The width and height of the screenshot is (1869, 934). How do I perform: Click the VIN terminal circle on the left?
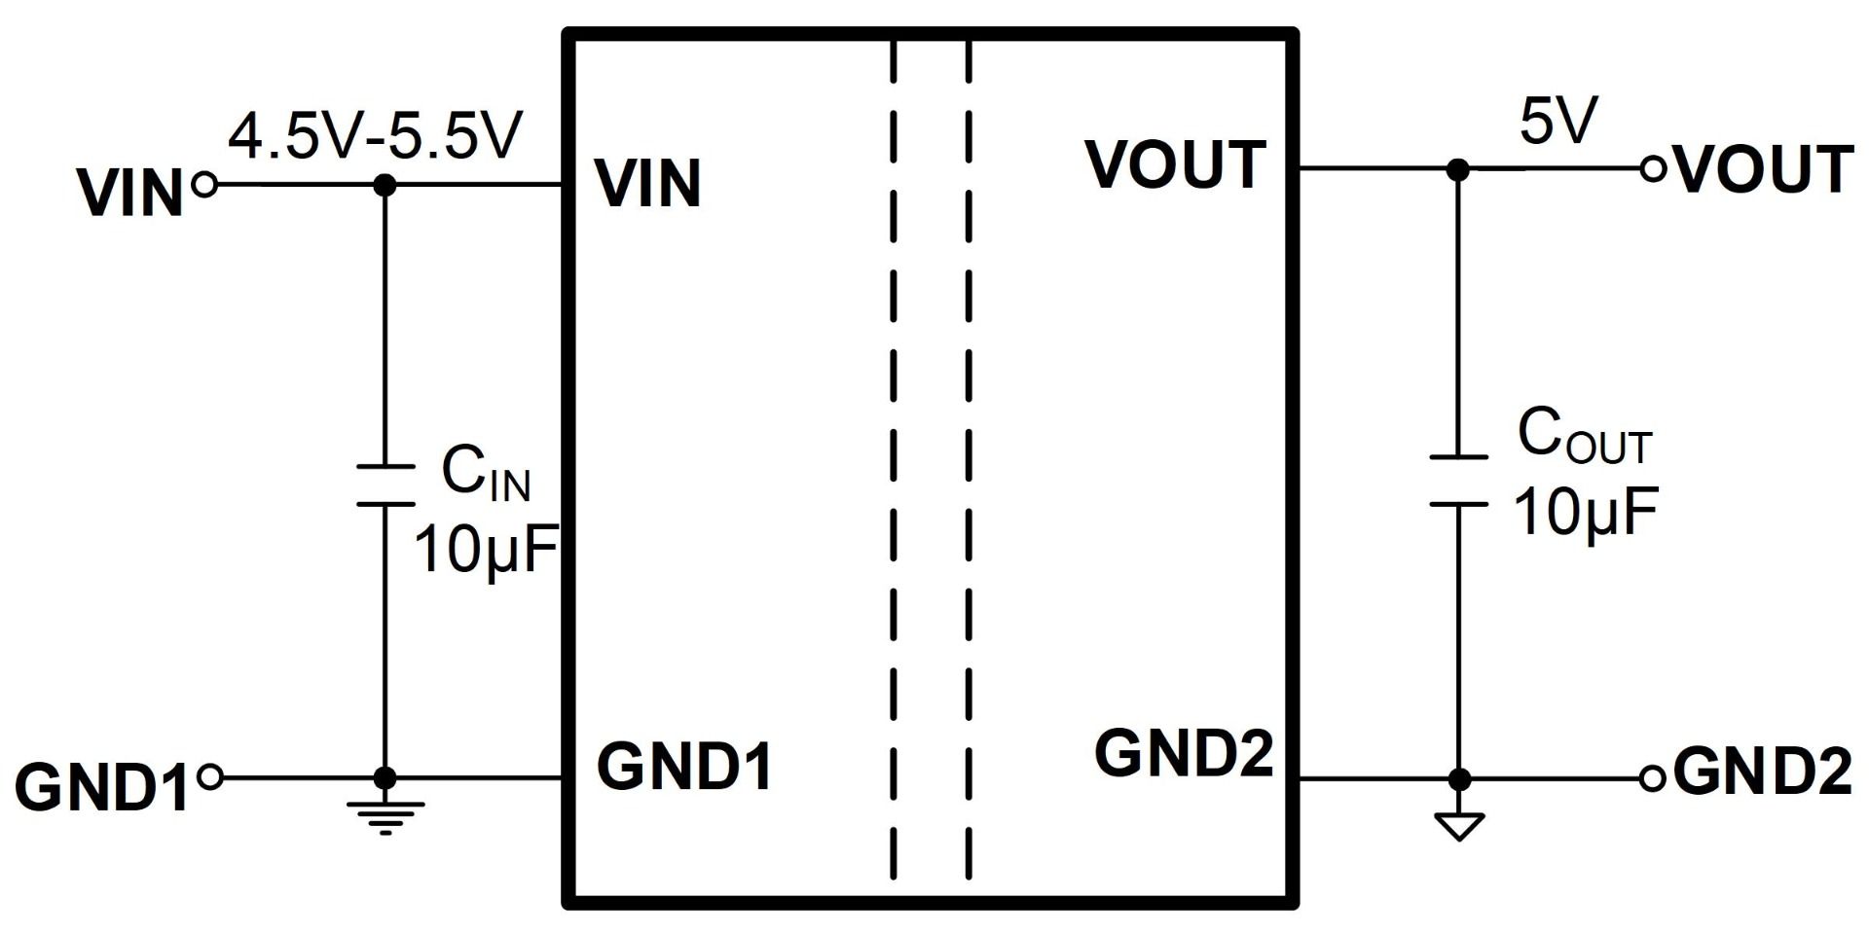click(204, 184)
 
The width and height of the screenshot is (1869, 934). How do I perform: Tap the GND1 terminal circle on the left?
click(209, 777)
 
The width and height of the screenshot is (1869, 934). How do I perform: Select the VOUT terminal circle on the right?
click(1653, 169)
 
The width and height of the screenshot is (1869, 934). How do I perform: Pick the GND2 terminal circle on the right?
click(1652, 778)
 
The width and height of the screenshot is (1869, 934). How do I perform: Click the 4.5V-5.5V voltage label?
click(375, 135)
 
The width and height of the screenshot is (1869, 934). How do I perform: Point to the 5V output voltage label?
click(1558, 123)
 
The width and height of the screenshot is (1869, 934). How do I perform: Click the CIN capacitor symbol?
click(385, 485)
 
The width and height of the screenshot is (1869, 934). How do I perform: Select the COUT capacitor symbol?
click(1458, 481)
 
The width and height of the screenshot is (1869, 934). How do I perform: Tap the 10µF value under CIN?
click(487, 550)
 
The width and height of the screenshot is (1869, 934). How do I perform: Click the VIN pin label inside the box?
click(648, 183)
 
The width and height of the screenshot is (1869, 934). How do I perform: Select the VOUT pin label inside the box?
click(1175, 164)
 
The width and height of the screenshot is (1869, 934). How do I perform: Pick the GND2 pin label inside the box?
click(1184, 752)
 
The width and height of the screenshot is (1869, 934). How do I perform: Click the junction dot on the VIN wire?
click(385, 184)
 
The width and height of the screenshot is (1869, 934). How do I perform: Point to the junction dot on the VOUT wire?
click(1457, 169)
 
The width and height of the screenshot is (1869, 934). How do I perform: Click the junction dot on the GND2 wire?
click(1459, 778)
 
